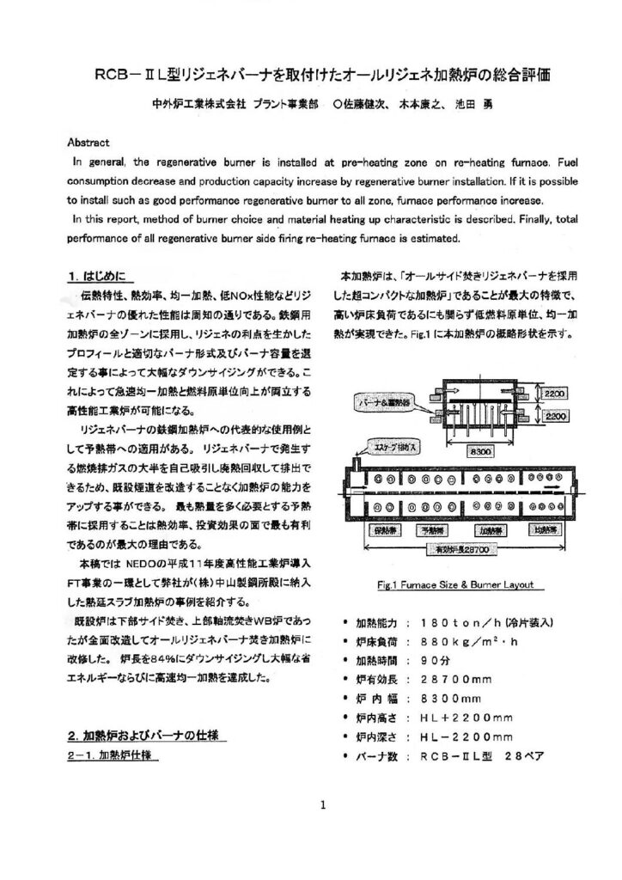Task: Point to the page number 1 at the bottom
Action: (x=320, y=806)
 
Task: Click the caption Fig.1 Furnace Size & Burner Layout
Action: (x=454, y=585)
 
